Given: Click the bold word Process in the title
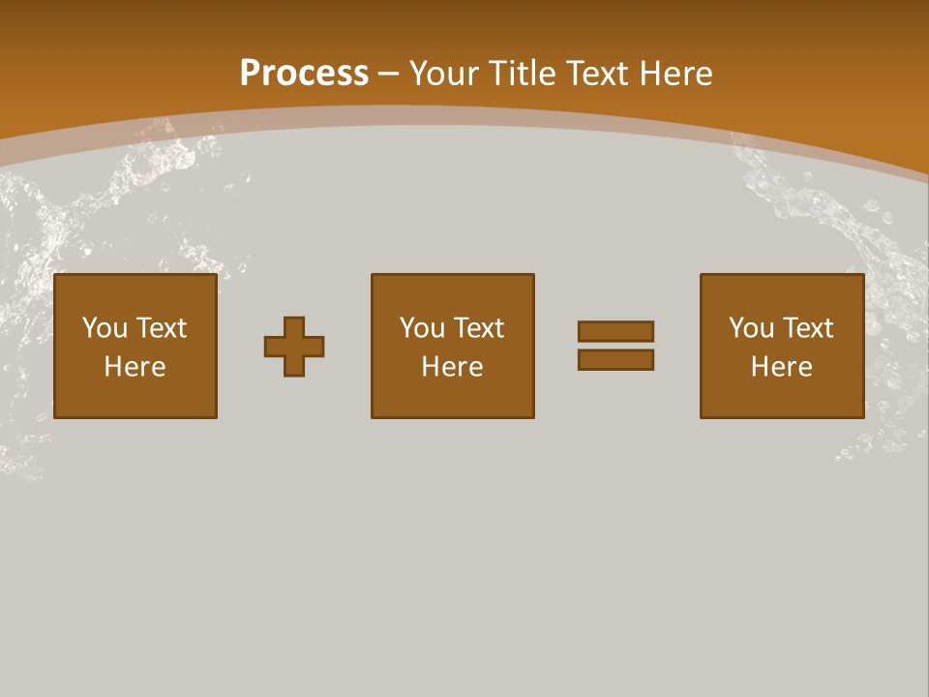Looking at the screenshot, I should pyautogui.click(x=304, y=74).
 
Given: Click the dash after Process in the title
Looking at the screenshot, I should pyautogui.click(x=389, y=74).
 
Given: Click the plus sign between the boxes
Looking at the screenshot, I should pyautogui.click(x=294, y=346).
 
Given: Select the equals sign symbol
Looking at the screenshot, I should pyautogui.click(x=615, y=346).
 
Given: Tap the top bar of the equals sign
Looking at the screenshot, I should pyautogui.click(x=615, y=331).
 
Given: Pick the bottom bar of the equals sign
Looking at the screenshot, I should pyautogui.click(x=615, y=360).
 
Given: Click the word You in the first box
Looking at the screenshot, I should pyautogui.click(x=105, y=328).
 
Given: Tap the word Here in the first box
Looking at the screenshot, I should pyautogui.click(x=135, y=367).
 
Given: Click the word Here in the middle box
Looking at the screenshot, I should pyautogui.click(x=453, y=367).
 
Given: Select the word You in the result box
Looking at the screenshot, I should pyautogui.click(x=752, y=328).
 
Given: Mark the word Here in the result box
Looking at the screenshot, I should pyautogui.click(x=782, y=367).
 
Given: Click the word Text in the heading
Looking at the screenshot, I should pyautogui.click(x=599, y=74).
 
